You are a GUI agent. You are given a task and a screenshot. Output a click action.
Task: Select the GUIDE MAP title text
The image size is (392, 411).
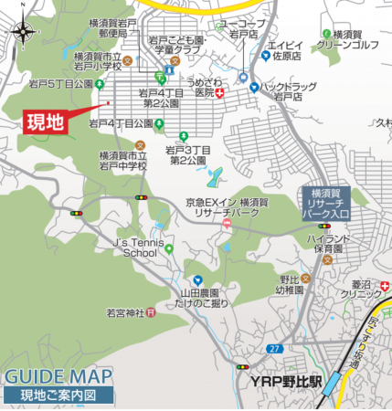point(58,376)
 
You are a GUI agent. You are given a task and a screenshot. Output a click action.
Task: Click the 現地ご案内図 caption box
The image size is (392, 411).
point(60,395)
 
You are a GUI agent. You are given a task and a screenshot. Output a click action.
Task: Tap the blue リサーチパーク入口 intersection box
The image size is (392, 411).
point(327,203)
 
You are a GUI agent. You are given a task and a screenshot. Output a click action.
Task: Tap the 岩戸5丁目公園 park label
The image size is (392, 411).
point(61,84)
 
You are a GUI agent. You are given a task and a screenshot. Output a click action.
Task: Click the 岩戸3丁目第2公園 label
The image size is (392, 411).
point(189,154)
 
